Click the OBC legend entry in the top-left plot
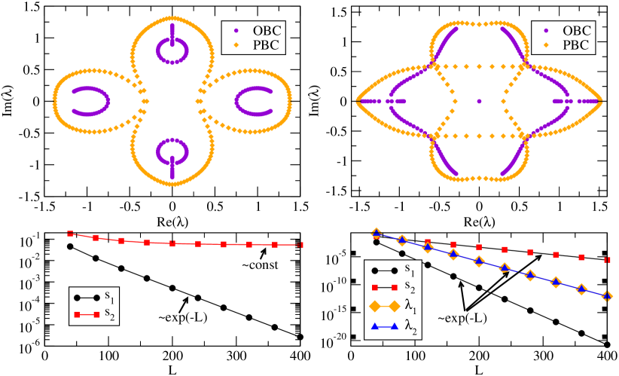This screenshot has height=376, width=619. (263, 31)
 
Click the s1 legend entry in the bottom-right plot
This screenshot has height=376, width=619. (395, 267)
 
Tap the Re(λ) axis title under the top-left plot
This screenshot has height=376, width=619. (172, 222)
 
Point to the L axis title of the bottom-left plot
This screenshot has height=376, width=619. (172, 370)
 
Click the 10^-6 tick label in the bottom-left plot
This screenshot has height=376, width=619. (29, 347)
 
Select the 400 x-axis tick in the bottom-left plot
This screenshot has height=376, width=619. (300, 357)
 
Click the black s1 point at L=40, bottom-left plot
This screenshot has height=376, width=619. (71, 246)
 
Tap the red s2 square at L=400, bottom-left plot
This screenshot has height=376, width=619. (300, 245)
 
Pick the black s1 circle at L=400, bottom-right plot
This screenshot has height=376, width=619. (607, 344)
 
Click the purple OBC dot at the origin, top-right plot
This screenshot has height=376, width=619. (479, 101)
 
